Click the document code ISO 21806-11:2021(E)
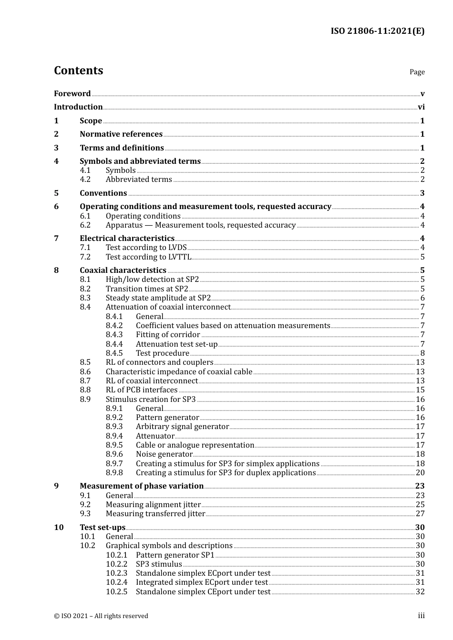click(377, 31)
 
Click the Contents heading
click(78, 70)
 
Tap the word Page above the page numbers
click(417, 72)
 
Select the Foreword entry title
click(72, 93)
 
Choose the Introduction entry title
click(78, 107)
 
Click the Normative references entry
click(121, 134)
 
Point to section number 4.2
click(85, 180)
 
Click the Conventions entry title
click(103, 193)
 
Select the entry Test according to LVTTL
click(148, 257)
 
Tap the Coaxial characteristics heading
click(123, 270)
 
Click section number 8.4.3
click(114, 335)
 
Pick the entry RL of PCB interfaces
click(142, 390)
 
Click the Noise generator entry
click(164, 454)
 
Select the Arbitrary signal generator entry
click(182, 427)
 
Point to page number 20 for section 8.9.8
click(420, 473)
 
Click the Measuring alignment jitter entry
click(153, 505)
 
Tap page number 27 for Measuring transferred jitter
click(420, 514)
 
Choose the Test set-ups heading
click(103, 528)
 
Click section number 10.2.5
click(117, 592)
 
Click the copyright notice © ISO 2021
click(101, 616)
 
